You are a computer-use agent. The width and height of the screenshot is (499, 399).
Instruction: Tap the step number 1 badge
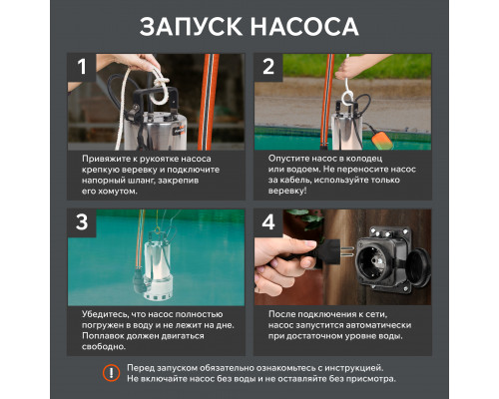(85, 67)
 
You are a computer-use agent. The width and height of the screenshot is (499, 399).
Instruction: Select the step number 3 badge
(85, 221)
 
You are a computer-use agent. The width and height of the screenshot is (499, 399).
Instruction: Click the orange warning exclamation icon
(111, 372)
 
